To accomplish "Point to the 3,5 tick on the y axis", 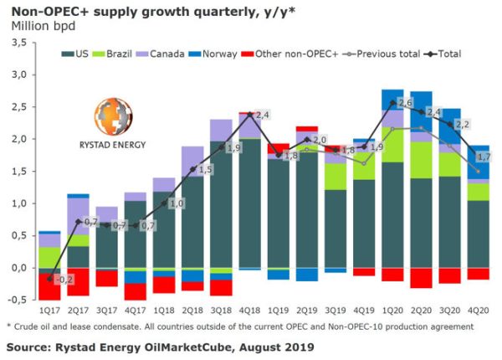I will [18, 43].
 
